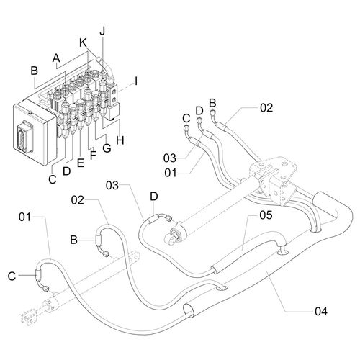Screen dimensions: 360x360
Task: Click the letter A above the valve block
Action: click(56, 58)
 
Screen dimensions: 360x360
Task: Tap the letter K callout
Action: click(84, 43)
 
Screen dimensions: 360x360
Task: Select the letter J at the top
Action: click(102, 31)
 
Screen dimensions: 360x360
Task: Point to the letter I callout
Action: click(136, 81)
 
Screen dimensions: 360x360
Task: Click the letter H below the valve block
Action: click(120, 140)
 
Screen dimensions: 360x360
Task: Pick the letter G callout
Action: click(107, 148)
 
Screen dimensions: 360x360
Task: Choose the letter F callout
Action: click(93, 156)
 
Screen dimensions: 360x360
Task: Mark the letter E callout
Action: click(81, 163)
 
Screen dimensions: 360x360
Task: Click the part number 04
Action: click(321, 312)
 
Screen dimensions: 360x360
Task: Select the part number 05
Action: click(266, 215)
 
